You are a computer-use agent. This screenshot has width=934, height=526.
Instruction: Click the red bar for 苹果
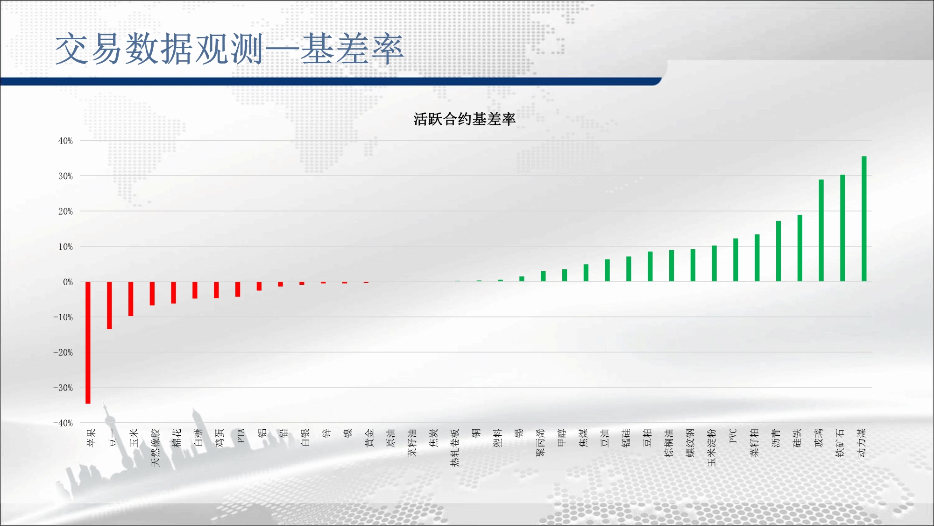pos(88,342)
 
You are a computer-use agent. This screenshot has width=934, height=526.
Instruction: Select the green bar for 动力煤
pos(864,219)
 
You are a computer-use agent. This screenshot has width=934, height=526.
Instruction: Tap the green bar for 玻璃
pos(821,231)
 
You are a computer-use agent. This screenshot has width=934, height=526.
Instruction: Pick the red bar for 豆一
pos(109,305)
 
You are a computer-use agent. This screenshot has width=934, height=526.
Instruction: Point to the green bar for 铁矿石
pos(842,228)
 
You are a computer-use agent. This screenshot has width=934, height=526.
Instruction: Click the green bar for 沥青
pos(778,251)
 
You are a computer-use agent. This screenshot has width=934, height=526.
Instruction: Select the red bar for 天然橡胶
pos(152,294)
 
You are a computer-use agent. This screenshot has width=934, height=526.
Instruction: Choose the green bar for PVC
pos(736,260)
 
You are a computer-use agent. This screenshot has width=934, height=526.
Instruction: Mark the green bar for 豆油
pos(607,270)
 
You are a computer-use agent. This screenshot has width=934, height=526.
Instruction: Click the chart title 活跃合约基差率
pos(464,119)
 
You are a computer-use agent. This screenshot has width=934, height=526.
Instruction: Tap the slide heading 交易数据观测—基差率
pos(229,49)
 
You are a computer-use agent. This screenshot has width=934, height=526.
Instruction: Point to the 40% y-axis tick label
pos(65,141)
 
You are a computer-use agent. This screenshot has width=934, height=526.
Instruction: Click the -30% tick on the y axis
pos(63,388)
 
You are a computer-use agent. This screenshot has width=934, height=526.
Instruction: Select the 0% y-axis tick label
pos(68,282)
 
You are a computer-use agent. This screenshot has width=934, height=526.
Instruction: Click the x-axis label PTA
pos(241,436)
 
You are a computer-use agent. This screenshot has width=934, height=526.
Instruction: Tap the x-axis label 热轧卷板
pos(455,447)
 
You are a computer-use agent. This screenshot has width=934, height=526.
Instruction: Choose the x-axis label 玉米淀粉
pos(712,447)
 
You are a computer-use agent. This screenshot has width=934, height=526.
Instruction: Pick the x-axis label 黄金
pos(369,438)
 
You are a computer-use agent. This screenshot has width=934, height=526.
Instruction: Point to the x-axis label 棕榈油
pos(669,443)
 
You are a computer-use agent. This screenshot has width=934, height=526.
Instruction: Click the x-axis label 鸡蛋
pos(220,438)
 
